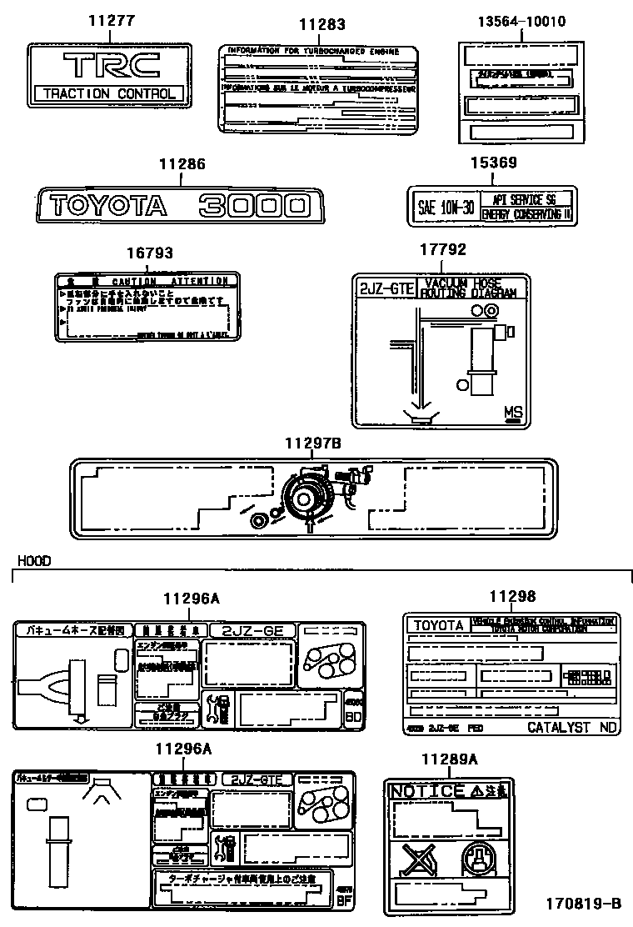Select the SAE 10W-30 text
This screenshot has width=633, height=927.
446,207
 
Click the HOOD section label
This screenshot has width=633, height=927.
33,561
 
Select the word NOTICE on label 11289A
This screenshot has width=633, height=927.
427,790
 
